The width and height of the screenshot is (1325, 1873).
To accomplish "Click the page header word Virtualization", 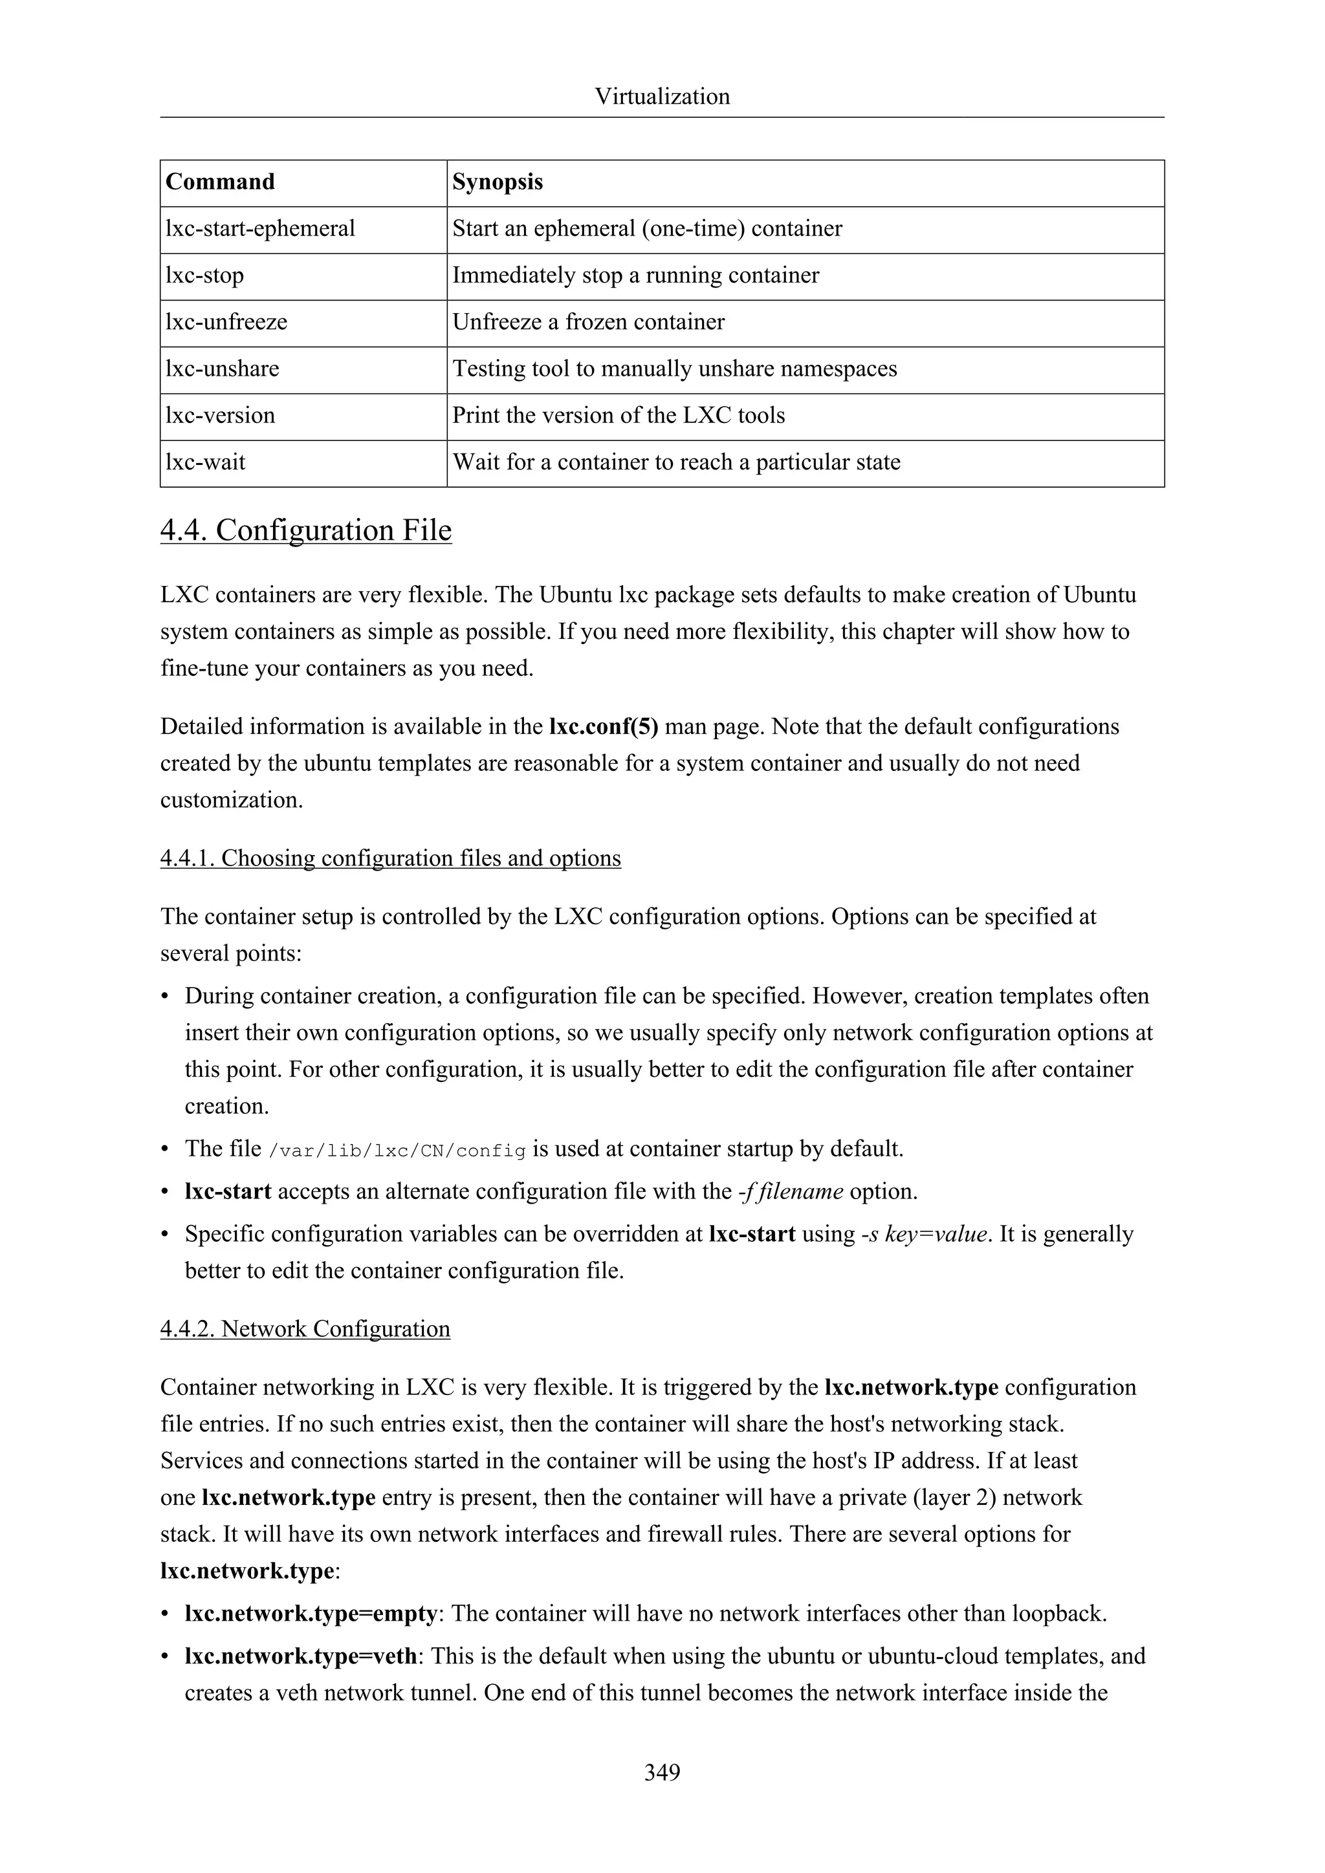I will [662, 96].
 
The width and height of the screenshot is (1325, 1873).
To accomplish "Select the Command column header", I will [220, 182].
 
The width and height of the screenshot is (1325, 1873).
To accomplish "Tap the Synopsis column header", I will [498, 182].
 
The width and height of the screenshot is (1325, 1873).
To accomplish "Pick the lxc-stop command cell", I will [205, 275].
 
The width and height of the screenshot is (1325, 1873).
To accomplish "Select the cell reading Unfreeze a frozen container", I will [588, 321].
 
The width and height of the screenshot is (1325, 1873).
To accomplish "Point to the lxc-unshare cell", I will [222, 368].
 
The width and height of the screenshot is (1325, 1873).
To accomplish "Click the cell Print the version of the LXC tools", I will [619, 415].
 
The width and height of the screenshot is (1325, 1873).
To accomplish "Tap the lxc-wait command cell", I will [206, 462].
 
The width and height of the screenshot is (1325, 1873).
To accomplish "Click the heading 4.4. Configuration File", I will [306, 530].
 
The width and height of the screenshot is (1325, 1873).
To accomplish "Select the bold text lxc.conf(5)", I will [604, 726].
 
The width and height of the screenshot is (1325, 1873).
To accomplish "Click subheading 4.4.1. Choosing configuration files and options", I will [390, 858].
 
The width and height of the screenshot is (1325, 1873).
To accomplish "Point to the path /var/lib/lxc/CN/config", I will [398, 1150].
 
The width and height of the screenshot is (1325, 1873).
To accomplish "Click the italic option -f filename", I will [790, 1191].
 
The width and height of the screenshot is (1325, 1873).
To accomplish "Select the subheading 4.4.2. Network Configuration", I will [305, 1329].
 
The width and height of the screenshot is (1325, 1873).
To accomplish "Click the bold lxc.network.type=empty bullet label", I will [312, 1614].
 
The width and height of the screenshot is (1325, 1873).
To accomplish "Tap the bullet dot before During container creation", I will [166, 997].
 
